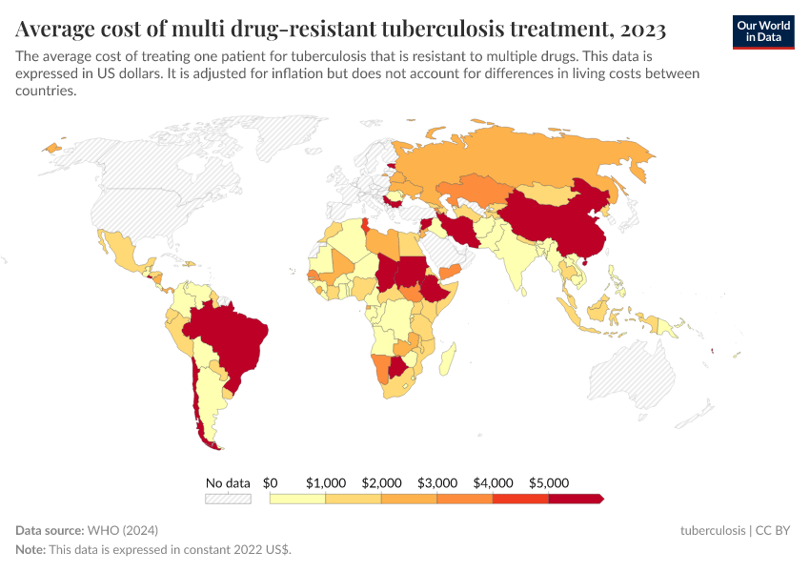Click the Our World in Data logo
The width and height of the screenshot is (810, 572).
(762, 31)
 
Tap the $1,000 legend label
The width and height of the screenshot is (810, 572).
(326, 482)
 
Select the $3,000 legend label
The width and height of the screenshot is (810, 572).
(437, 482)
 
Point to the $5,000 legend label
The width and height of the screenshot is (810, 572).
(548, 482)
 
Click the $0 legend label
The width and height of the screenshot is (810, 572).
(270, 482)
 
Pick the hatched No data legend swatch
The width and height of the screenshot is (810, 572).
(228, 499)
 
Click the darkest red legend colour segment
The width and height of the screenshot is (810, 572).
(575, 499)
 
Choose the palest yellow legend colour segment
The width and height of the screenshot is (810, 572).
(297, 499)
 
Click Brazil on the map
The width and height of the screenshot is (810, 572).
(229, 334)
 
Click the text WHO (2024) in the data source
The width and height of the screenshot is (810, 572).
(122, 530)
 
